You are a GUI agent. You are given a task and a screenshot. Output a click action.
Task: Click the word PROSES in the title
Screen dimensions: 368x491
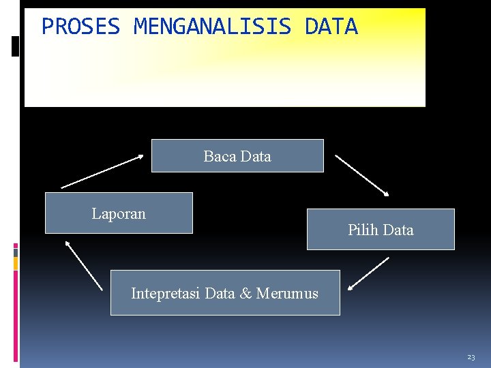[80, 27]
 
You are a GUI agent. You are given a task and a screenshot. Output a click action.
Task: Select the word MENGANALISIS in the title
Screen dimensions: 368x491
[212, 27]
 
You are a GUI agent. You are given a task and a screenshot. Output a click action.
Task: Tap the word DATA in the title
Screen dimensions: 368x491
[331, 27]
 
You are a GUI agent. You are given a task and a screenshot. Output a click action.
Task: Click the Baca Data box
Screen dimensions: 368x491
[237, 156]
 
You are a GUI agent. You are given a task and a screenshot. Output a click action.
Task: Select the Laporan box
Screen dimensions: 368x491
[119, 213]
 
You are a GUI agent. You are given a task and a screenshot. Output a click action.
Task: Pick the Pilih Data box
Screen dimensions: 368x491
[381, 230]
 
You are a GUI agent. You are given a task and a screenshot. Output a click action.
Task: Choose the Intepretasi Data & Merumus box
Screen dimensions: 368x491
[225, 293]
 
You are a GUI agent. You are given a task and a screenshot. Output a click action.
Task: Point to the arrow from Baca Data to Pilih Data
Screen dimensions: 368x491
[362, 175]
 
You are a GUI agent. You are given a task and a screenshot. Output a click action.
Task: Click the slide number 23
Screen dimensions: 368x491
[471, 357]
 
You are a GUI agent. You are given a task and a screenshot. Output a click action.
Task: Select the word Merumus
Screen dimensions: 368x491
[287, 294]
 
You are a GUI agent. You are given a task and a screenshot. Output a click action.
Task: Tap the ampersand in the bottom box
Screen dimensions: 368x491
[245, 294]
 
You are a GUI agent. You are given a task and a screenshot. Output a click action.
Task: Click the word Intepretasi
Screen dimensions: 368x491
[166, 294]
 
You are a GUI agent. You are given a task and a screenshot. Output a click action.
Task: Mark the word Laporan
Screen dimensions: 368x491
[119, 213]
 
